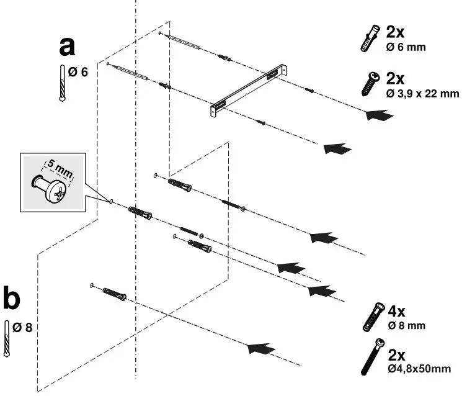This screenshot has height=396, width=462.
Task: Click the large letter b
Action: click(x=12, y=298)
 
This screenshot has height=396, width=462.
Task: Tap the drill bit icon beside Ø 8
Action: click(x=7, y=338)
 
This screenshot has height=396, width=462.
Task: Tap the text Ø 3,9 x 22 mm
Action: click(x=422, y=94)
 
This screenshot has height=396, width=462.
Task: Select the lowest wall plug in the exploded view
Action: click(x=114, y=294)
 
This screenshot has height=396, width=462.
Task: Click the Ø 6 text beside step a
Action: click(x=79, y=72)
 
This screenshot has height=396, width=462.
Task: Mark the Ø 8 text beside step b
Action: click(x=23, y=326)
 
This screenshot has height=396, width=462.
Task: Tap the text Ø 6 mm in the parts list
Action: click(x=406, y=47)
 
